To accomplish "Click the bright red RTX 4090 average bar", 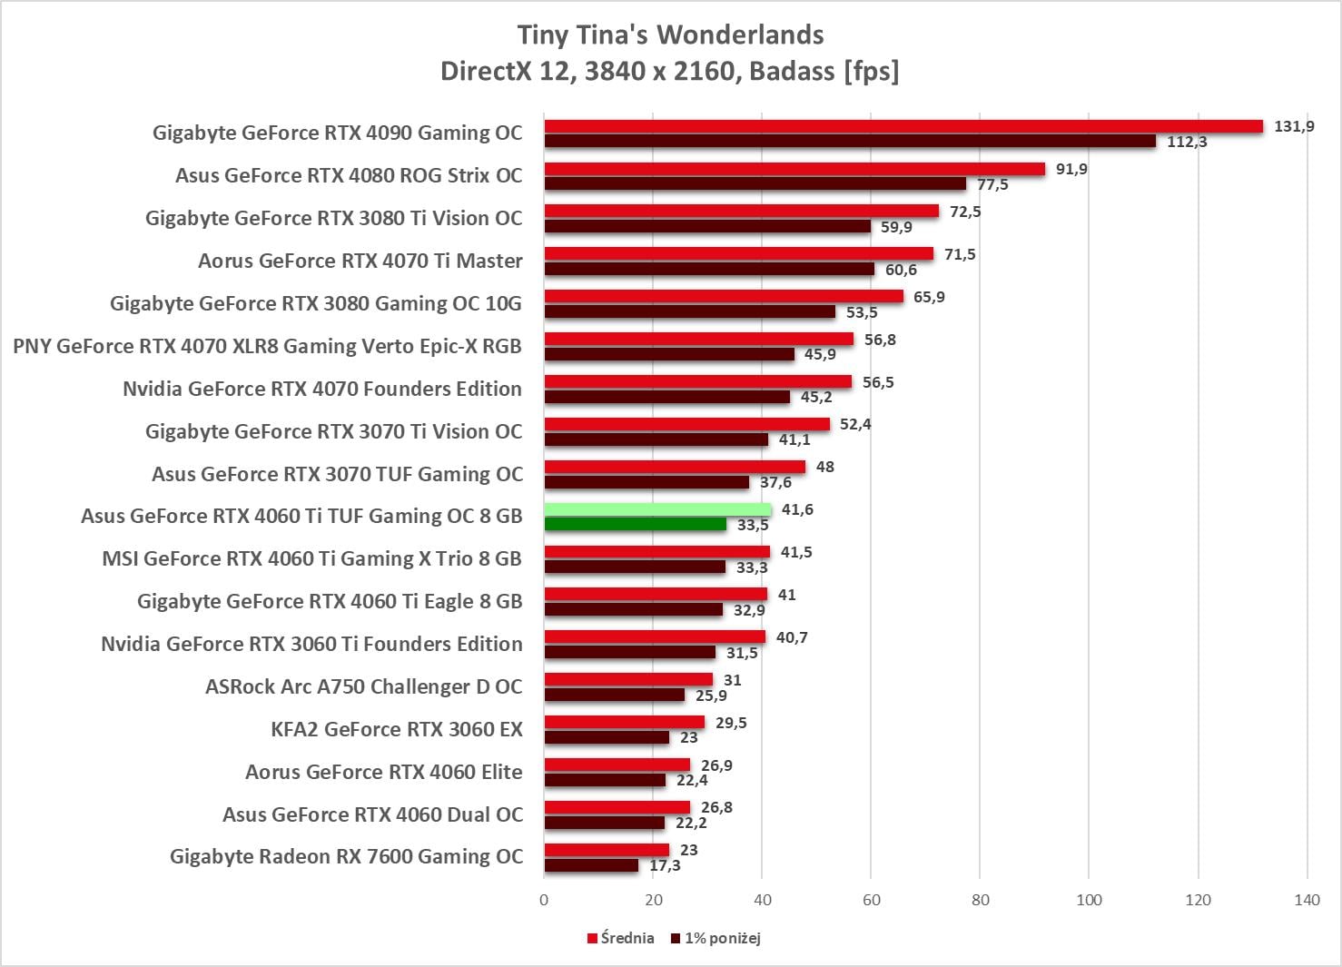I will (903, 126).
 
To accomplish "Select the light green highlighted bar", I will (657, 510).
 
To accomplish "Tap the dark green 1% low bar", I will (636, 525).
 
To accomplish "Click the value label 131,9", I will (1294, 126).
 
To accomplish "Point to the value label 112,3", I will (1187, 142).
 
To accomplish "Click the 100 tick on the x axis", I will (1089, 900).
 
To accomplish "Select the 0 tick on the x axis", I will (544, 900).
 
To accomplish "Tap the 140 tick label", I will (1307, 900).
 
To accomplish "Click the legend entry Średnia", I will (621, 938).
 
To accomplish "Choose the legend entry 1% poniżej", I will (716, 938).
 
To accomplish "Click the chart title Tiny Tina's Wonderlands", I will (670, 35).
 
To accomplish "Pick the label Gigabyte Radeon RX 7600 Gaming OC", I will (346, 856).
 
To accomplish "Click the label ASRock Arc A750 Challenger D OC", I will (363, 686).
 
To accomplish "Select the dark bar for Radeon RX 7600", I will (591, 865).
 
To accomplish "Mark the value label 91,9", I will (1071, 169).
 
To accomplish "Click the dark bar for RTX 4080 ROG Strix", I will (755, 184).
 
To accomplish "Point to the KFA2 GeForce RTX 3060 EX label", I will (397, 729).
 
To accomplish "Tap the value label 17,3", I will (665, 865).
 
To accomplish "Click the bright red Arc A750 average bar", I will (628, 680).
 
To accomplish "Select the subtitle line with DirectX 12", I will (670, 71).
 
